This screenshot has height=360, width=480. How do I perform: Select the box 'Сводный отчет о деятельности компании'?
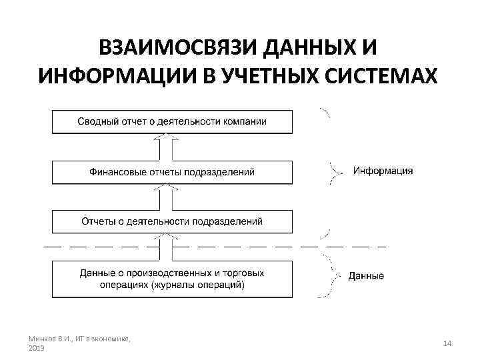[172, 121]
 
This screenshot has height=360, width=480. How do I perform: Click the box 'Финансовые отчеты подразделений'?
[172, 172]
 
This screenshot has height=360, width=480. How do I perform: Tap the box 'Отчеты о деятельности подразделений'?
[172, 221]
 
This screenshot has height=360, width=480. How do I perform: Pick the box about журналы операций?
[172, 279]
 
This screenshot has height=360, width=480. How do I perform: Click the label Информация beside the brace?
[383, 171]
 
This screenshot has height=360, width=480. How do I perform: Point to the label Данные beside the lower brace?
[366, 275]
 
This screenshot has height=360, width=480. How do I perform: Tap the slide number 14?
[447, 343]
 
